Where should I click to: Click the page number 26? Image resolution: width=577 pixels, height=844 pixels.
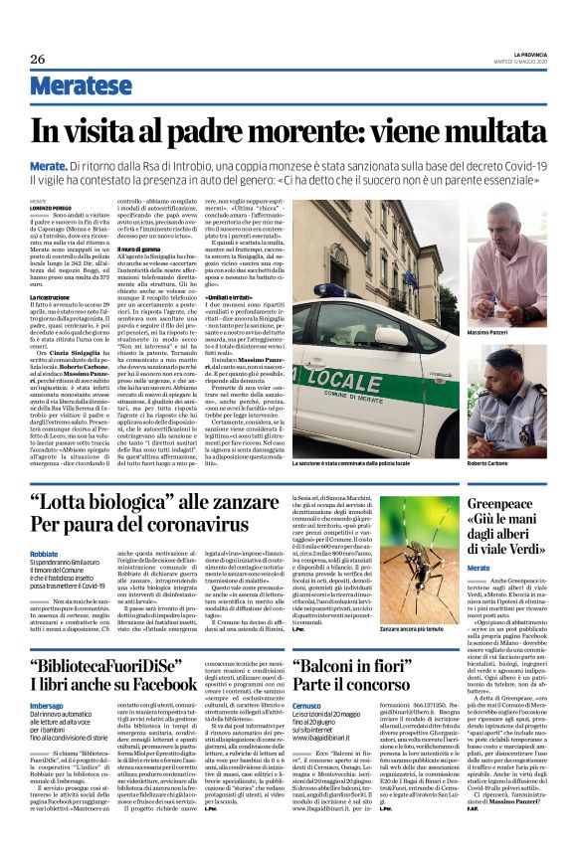pos(37,59)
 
